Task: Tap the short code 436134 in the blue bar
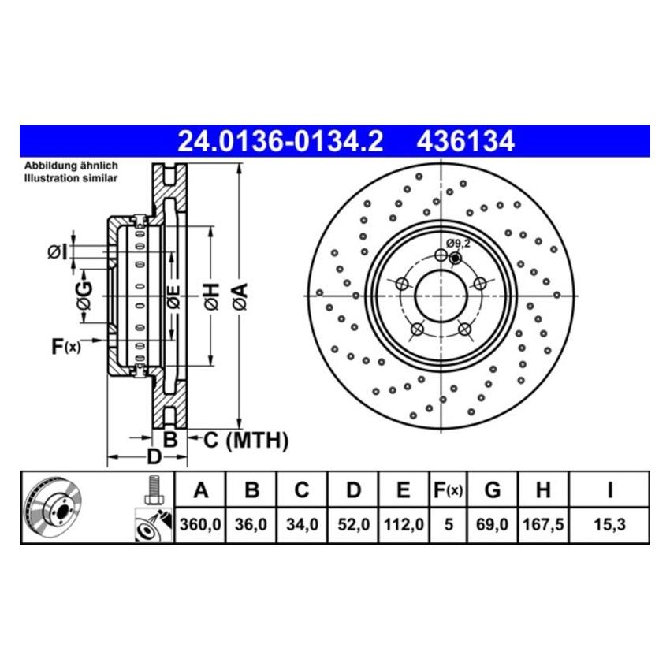(465, 141)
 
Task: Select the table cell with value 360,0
(200, 523)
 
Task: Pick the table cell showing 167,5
(542, 523)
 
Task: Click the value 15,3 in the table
(609, 523)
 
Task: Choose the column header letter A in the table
(200, 490)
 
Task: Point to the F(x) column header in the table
(448, 490)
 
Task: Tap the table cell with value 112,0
(403, 523)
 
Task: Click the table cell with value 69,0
(492, 523)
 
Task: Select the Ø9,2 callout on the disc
(457, 244)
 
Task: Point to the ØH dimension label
(210, 296)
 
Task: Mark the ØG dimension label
(84, 296)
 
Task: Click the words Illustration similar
(71, 179)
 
